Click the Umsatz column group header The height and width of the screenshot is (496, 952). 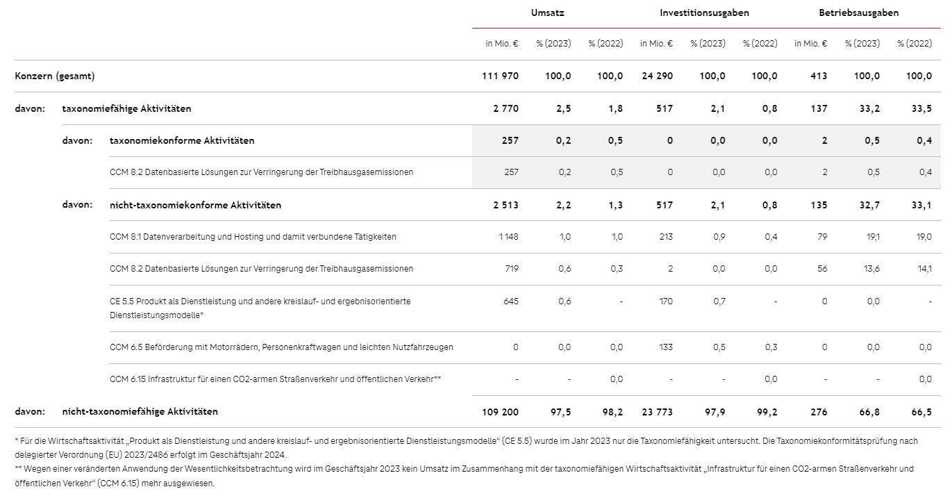click(547, 13)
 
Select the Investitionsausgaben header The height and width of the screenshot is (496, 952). click(704, 13)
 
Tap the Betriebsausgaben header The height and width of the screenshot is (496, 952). click(858, 13)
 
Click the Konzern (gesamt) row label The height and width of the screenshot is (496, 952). click(55, 76)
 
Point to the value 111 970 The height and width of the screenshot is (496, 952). click(500, 76)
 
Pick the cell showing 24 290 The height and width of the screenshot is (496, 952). click(657, 76)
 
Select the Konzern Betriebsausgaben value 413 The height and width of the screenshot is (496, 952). click(819, 76)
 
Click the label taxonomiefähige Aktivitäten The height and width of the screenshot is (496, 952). click(126, 108)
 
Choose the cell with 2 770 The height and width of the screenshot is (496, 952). click(506, 108)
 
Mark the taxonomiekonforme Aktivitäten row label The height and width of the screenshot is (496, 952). click(182, 141)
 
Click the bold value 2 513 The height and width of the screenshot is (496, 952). click(506, 205)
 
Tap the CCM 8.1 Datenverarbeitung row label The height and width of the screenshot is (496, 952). click(253, 237)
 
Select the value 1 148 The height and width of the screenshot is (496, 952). click(509, 237)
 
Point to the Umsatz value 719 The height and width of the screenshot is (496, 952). click(511, 269)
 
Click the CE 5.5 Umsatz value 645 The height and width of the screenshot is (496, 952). click(511, 301)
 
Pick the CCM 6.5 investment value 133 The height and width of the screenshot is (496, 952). click(666, 347)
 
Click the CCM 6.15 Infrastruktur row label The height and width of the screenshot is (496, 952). click(276, 379)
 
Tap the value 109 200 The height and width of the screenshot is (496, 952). click(500, 412)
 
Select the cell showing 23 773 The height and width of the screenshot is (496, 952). click(657, 412)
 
